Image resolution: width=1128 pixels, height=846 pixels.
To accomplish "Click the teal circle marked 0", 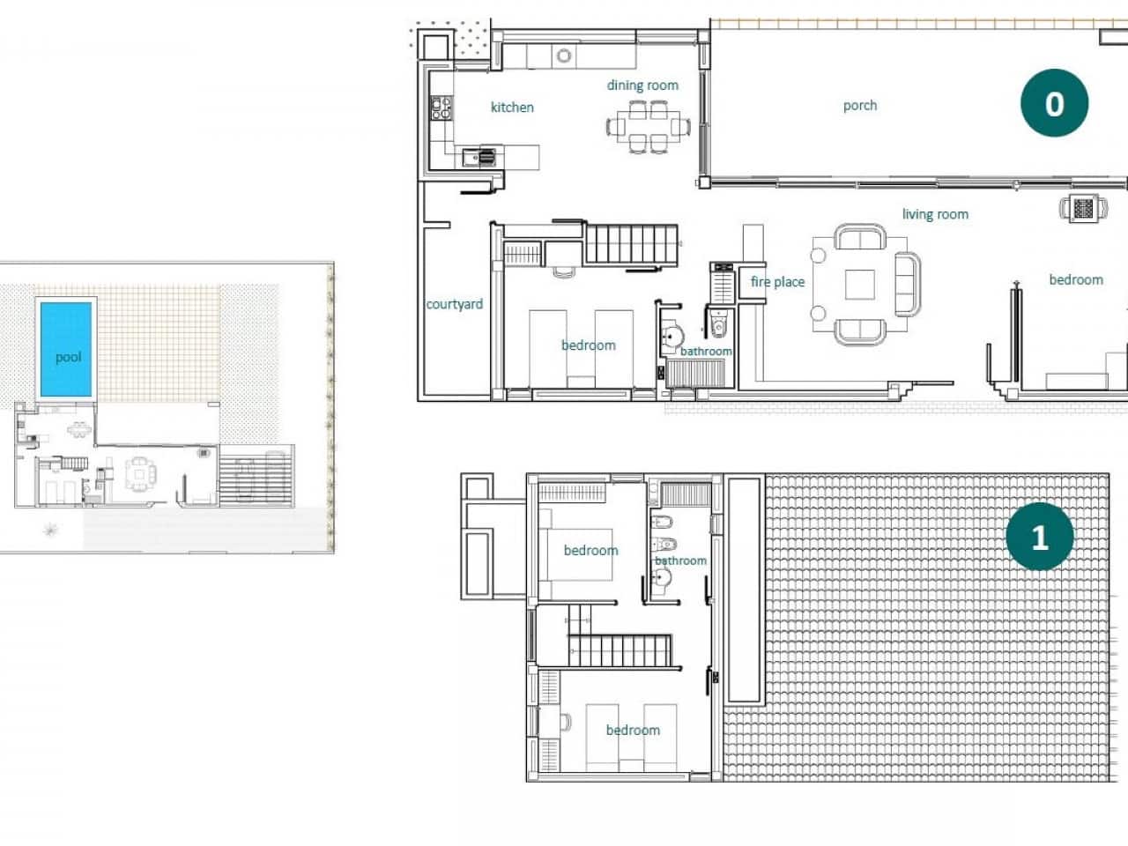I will tap(1054, 103).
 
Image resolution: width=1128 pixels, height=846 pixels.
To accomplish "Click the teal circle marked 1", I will tap(1039, 537).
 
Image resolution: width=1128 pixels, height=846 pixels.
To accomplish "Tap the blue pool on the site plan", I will tap(67, 349).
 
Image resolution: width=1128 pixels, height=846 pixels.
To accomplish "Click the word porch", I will tap(859, 105).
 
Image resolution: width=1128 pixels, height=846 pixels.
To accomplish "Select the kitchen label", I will tap(512, 107).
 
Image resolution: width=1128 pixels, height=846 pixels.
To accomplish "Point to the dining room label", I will tap(642, 85).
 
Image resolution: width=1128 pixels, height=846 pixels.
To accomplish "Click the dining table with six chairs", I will tap(648, 127).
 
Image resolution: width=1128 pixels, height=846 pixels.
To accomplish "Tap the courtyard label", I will tap(454, 304).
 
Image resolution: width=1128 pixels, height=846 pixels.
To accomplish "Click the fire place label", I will tap(777, 282).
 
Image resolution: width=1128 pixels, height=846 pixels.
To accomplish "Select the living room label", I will tap(935, 213).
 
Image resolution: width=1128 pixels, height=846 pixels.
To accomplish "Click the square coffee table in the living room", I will tap(860, 284).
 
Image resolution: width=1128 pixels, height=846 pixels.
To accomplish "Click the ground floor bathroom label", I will tap(705, 351).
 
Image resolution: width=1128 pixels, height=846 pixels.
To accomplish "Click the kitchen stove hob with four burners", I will tap(441, 108).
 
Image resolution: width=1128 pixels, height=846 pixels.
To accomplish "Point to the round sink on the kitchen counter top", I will tap(564, 56).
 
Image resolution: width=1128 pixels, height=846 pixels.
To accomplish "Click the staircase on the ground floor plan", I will tap(631, 243).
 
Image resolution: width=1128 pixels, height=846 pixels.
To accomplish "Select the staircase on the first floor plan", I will tap(620, 651).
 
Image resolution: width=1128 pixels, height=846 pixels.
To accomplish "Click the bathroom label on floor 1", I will tap(680, 560).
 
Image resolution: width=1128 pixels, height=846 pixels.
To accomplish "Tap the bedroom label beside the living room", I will tap(1075, 279).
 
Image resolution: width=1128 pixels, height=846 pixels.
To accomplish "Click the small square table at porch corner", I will tap(1082, 209).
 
